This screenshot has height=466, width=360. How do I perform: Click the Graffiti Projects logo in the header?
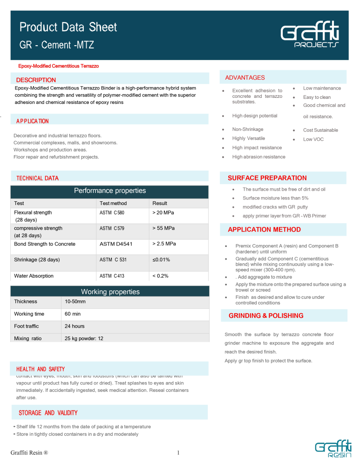[x=309, y=36]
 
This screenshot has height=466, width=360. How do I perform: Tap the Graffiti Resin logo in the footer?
[x=331, y=451]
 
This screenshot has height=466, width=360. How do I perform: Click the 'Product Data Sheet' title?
[x=68, y=27]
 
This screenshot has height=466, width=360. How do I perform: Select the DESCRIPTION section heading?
[x=36, y=80]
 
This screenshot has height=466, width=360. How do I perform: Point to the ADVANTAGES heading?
[x=245, y=77]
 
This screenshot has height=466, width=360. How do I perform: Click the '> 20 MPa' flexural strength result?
[x=163, y=212]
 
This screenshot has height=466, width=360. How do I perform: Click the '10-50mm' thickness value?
[x=75, y=302]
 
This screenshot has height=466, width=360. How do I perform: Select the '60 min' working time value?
[x=73, y=314]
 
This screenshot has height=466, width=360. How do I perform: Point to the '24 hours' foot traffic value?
[x=75, y=326]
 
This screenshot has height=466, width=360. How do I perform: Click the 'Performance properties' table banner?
[x=110, y=191]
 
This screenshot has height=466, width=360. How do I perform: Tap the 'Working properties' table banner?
[x=110, y=292]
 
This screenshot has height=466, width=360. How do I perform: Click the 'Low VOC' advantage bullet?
[x=313, y=139]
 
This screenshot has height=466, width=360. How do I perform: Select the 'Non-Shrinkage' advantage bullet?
[x=248, y=129]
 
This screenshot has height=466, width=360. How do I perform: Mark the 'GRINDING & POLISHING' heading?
[x=266, y=315]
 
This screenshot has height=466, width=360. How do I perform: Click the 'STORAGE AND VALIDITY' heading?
[x=48, y=413]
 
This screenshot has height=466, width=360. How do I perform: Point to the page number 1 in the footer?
[x=179, y=452]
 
